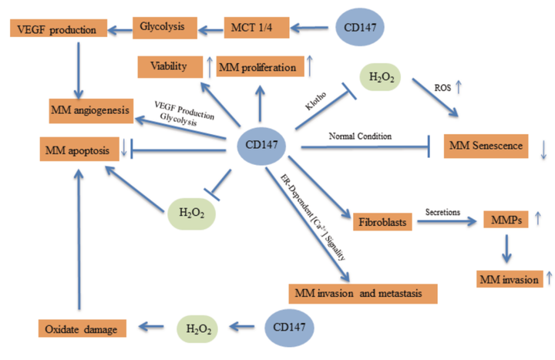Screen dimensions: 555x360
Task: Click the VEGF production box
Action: (59, 29)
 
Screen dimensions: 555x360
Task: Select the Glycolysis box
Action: (165, 28)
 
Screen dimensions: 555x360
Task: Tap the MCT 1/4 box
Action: (257, 28)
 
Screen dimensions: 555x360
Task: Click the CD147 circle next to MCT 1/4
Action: (360, 27)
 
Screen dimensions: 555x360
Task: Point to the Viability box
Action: (170, 67)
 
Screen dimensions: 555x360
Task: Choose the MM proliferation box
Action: (261, 66)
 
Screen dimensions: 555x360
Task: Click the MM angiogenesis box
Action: (91, 111)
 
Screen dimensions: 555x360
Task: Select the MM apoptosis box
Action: (79, 149)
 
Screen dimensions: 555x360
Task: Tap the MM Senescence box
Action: (486, 146)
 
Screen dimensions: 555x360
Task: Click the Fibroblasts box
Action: (382, 222)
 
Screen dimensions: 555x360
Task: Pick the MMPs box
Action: (506, 220)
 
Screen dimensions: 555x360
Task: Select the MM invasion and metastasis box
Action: (363, 294)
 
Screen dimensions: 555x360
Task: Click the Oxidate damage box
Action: (82, 328)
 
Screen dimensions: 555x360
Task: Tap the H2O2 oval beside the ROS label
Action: (381, 77)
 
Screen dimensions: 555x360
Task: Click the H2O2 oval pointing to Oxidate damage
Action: (197, 329)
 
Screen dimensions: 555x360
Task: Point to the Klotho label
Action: (316, 101)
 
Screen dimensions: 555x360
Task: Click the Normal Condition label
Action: (360, 136)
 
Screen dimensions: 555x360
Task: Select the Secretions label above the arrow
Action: (442, 213)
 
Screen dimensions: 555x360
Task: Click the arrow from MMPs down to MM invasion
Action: (506, 249)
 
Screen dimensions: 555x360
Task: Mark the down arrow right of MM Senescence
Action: (544, 150)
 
